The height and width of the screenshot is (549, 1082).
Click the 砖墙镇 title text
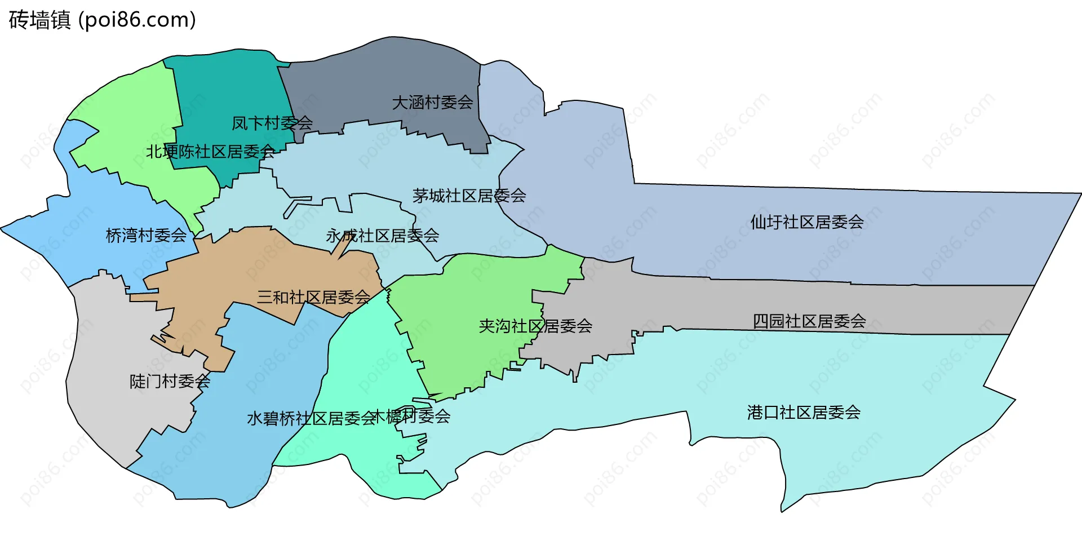click(x=39, y=20)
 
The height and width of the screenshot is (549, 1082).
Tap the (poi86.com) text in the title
click(x=137, y=20)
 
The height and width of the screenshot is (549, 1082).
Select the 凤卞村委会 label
click(x=272, y=123)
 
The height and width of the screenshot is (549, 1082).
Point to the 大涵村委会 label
click(x=432, y=103)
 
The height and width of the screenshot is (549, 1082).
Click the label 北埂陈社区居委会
click(x=210, y=152)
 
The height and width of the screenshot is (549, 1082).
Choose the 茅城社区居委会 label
click(x=469, y=196)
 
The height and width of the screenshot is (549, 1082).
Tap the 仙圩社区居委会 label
click(x=806, y=222)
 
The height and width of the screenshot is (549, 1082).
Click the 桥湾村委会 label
click(x=146, y=236)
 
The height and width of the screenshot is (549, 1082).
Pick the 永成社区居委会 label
click(x=382, y=236)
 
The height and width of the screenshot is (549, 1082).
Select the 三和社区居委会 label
click(x=313, y=297)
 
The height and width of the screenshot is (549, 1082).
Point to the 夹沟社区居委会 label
click(x=535, y=326)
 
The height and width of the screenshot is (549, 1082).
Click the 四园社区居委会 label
click(x=809, y=321)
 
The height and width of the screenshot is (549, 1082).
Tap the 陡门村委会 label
click(x=170, y=382)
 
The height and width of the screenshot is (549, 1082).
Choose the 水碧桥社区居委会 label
click(x=311, y=418)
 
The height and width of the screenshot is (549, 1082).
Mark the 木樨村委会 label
click(x=411, y=417)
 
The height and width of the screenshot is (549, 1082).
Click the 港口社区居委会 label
click(x=804, y=413)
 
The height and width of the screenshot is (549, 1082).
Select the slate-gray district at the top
click(x=383, y=73)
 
